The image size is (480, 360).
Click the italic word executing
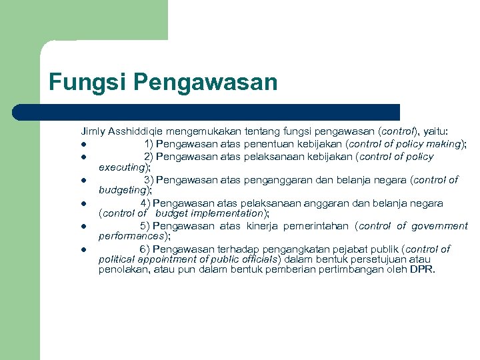(122, 167)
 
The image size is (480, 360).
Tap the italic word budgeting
(123, 190)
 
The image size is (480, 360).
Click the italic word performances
(132, 236)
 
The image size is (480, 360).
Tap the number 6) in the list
(145, 249)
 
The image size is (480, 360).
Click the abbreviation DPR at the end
(422, 270)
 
